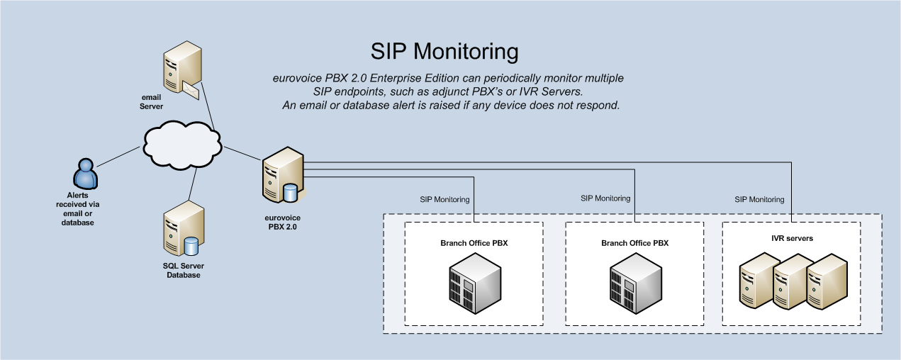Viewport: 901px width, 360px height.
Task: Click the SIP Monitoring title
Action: click(444, 51)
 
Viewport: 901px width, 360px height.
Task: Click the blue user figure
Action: click(84, 174)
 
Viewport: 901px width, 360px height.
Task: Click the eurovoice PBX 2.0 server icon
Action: click(281, 174)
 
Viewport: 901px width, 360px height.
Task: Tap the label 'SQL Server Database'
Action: click(184, 270)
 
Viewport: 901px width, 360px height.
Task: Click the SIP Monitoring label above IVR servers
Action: click(759, 200)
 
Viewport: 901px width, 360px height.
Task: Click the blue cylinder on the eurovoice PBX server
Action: click(290, 193)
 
